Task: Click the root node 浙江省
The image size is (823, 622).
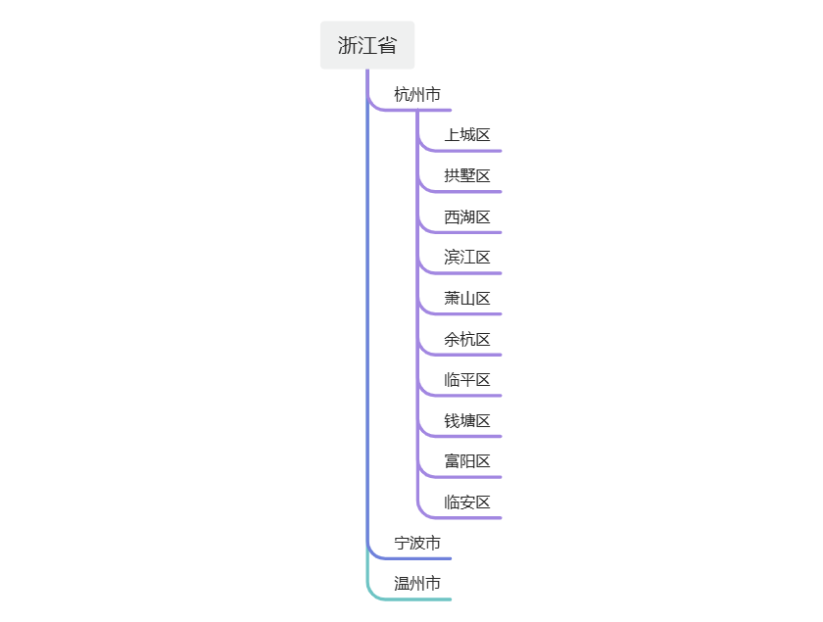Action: point(367,45)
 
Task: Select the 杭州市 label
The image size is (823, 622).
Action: point(417,95)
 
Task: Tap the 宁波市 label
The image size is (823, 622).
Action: point(417,543)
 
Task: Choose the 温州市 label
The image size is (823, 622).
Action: point(417,584)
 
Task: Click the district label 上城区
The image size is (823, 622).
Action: point(467,135)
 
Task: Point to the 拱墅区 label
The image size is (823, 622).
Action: point(467,176)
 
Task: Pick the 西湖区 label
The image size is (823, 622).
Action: point(467,217)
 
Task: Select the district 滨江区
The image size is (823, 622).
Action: point(467,258)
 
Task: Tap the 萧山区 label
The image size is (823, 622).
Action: point(467,299)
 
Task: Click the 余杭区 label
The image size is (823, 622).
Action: point(467,340)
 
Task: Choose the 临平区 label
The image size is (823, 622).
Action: point(467,380)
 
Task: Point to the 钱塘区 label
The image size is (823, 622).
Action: point(467,421)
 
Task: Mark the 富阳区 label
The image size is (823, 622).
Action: point(467,461)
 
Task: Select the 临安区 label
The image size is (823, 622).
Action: point(467,502)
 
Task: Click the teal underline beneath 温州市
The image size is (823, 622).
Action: point(421,598)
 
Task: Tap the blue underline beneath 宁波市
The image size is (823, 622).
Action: point(421,558)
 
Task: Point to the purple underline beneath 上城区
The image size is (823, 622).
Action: point(470,151)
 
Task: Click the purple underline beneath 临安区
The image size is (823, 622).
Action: point(470,517)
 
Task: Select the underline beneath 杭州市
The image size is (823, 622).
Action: point(421,110)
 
